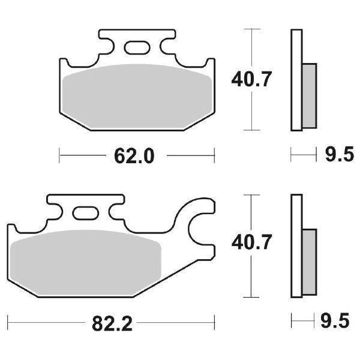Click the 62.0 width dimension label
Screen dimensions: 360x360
click(135, 157)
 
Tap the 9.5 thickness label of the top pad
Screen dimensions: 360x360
click(337, 157)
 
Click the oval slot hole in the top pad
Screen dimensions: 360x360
click(136, 47)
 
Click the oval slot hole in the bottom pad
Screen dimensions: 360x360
click(84, 213)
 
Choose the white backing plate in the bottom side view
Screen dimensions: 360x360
click(295, 245)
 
